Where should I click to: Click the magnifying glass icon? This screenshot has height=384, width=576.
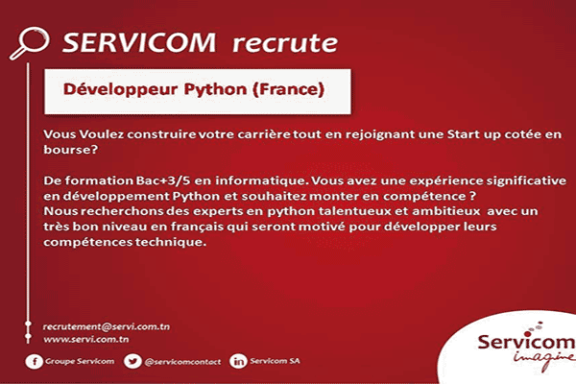pyautogui.click(x=30, y=42)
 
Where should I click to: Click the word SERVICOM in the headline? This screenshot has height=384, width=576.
pyautogui.click(x=139, y=42)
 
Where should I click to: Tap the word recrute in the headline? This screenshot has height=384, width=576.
pyautogui.click(x=285, y=43)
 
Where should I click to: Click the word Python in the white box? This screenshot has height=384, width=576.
pyautogui.click(x=215, y=90)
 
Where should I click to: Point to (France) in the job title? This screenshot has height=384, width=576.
pyautogui.click(x=289, y=89)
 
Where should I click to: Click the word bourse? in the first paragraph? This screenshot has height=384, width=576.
pyautogui.click(x=70, y=150)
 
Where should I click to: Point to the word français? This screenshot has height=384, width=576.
pyautogui.click(x=197, y=227)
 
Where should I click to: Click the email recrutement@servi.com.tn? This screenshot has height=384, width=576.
pyautogui.click(x=107, y=326)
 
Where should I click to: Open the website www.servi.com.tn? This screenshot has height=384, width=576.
pyautogui.click(x=86, y=339)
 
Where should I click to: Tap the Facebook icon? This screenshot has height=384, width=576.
pyautogui.click(x=34, y=361)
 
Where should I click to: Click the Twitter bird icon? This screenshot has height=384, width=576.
pyautogui.click(x=132, y=361)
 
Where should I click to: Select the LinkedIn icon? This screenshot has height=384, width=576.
pyautogui.click(x=238, y=361)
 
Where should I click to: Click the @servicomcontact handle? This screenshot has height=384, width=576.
pyautogui.click(x=182, y=362)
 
